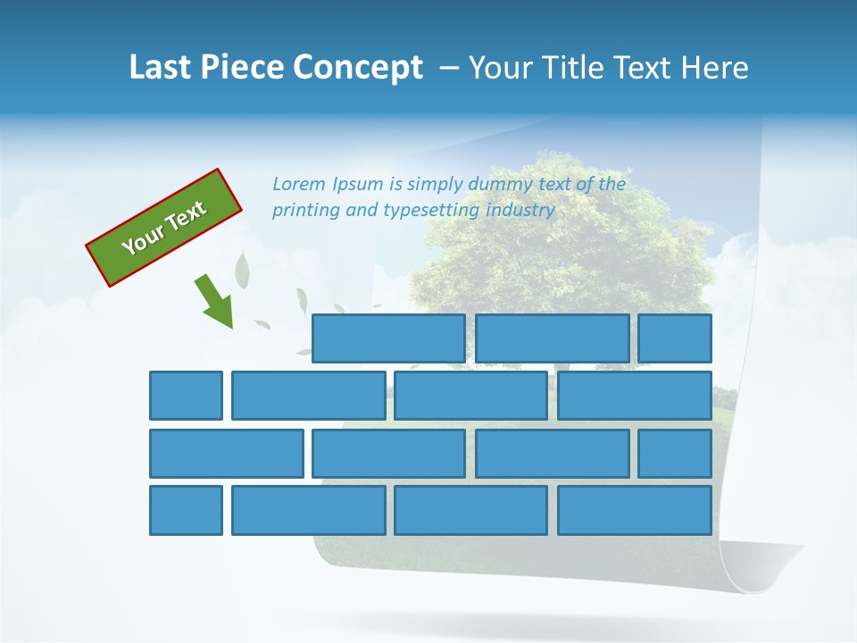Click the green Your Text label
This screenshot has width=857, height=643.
tap(164, 228)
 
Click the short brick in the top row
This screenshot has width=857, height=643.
tap(675, 338)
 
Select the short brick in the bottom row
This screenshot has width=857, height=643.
tap(186, 510)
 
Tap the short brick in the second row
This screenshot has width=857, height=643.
tap(186, 396)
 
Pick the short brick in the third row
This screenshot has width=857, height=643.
tap(675, 453)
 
